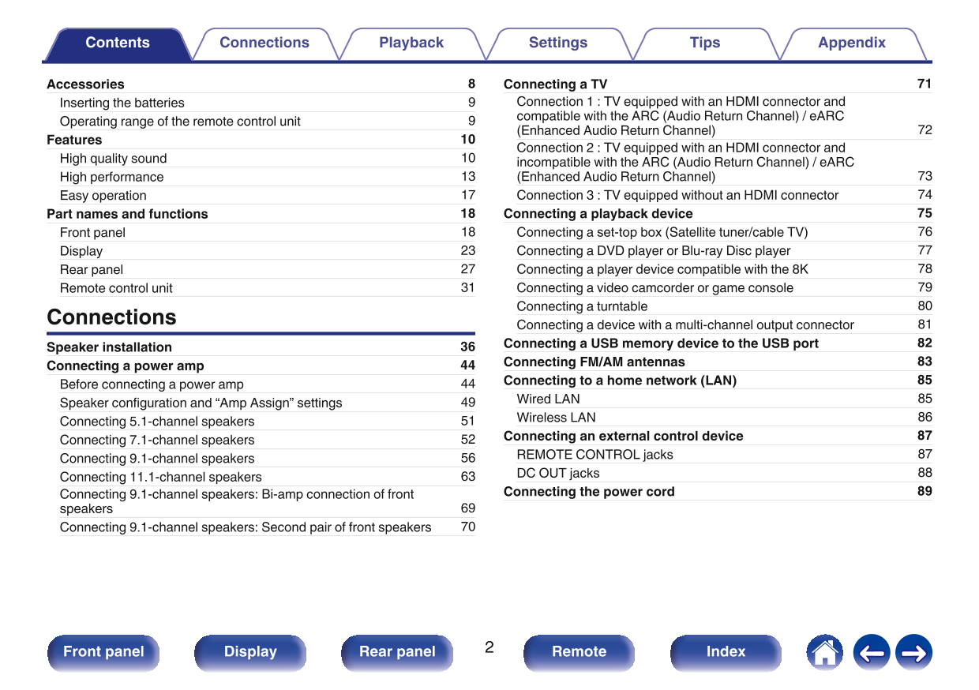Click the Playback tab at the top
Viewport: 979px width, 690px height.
coord(411,43)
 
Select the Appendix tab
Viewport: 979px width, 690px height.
coord(852,43)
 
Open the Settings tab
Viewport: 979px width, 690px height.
coord(558,43)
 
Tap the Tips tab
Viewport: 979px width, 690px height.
coord(705,43)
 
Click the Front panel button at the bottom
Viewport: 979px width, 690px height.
coord(103,652)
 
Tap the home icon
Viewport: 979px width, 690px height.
coord(824,653)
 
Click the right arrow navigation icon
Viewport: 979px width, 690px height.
coord(914,653)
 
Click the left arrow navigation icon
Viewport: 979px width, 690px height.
coord(872,653)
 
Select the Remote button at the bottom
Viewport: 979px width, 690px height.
coord(579,652)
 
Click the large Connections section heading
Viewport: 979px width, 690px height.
coord(111,317)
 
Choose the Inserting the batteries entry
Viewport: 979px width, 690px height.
coord(122,103)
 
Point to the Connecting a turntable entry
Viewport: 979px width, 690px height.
coord(582,306)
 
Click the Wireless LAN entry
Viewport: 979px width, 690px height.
coord(556,418)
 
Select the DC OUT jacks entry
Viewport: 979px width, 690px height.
coord(557,474)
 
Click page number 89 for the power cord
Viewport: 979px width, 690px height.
coord(925,491)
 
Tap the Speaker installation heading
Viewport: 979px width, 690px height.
coord(109,347)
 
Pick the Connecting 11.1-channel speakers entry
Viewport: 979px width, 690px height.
coord(160,477)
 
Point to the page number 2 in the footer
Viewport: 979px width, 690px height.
coord(489,648)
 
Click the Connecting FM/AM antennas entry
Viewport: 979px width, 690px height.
coord(594,362)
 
